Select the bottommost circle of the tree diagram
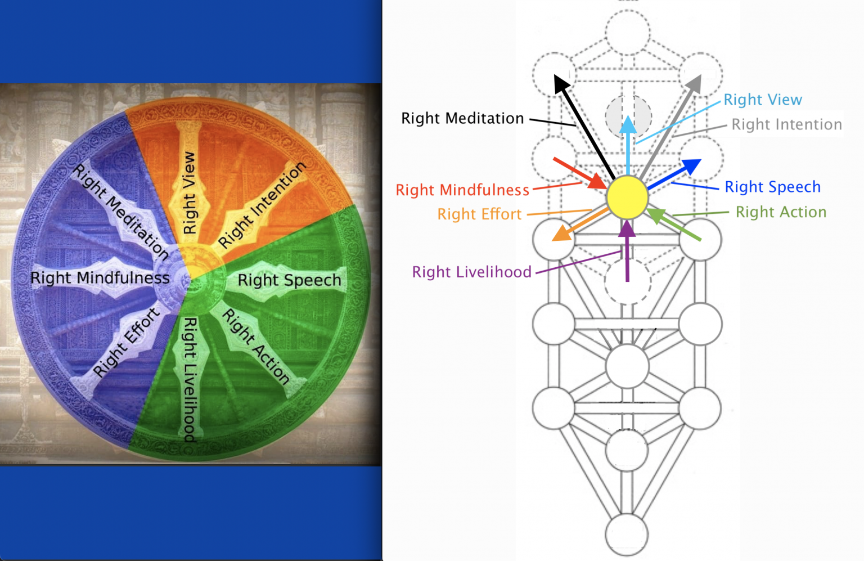tap(627, 535)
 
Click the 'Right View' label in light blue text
tap(762, 100)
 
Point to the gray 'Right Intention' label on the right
tap(786, 124)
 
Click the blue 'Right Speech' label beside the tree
tap(772, 187)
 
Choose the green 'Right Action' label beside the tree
tap(781, 212)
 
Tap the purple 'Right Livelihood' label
tap(471, 272)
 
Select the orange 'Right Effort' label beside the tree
tap(479, 214)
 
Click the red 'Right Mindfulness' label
tap(462, 190)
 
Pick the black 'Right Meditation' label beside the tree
tap(462, 119)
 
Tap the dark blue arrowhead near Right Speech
tap(691, 166)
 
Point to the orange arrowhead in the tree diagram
tap(560, 234)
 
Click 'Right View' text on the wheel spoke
tap(190, 193)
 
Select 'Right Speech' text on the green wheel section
tap(289, 280)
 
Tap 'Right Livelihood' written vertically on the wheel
tap(191, 379)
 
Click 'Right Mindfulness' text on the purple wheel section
tap(100, 278)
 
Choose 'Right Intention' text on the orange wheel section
tap(262, 205)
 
